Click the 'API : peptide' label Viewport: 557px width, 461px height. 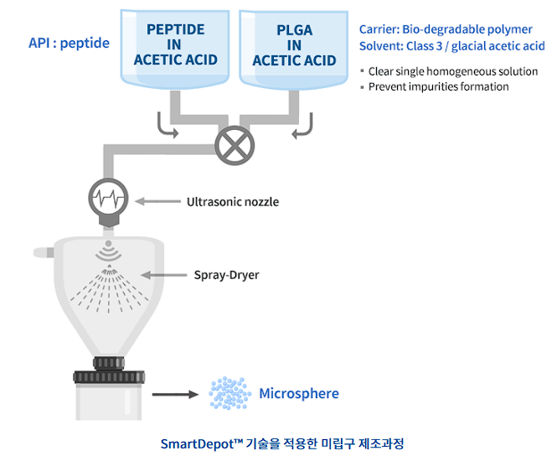[69, 43]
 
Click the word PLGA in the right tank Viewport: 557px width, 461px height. [294, 30]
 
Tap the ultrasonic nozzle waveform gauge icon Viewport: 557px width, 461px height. [108, 200]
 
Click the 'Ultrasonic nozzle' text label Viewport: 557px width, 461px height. [232, 201]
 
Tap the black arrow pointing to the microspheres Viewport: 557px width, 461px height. [173, 392]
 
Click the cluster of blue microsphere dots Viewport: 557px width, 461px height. [230, 392]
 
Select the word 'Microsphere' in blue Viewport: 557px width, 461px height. [299, 393]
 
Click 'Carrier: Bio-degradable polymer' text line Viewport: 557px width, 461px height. [446, 29]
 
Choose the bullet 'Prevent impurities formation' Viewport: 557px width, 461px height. [438, 86]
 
